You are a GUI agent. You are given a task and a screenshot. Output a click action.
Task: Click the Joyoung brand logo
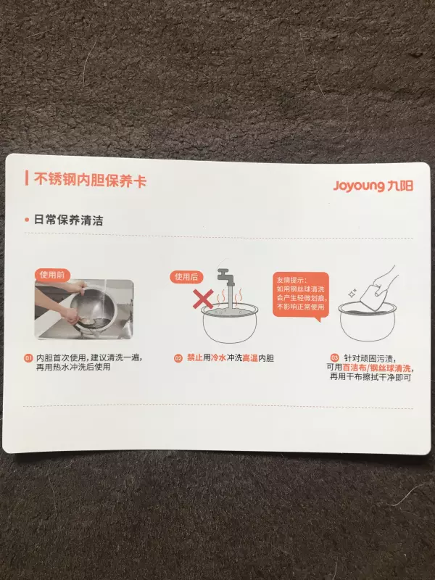click(373, 186)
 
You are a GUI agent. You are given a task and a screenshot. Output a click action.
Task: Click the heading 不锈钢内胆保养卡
click(90, 180)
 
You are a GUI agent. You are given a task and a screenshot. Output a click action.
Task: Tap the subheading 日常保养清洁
click(68, 220)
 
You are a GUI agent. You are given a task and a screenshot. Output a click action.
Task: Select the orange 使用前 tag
click(52, 275)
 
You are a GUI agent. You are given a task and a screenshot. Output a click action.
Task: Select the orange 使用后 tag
click(186, 277)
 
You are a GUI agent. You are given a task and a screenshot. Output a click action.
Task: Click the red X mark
click(203, 299)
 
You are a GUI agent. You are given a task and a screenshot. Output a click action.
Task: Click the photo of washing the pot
click(84, 309)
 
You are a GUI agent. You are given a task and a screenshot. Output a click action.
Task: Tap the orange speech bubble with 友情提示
click(301, 295)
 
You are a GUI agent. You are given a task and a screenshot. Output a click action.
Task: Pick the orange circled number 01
click(28, 358)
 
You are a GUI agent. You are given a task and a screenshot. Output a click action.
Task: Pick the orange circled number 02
click(178, 358)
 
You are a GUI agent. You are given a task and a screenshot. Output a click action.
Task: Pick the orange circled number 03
click(334, 357)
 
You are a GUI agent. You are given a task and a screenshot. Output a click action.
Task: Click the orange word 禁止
click(194, 357)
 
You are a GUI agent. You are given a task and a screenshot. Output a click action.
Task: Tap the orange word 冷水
click(218, 357)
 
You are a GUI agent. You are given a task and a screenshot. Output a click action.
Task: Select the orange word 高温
click(250, 358)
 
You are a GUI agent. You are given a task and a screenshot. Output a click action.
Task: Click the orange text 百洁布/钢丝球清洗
click(376, 368)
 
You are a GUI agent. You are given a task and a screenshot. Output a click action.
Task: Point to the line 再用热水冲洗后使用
click(73, 367)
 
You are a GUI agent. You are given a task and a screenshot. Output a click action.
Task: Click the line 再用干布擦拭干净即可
click(370, 377)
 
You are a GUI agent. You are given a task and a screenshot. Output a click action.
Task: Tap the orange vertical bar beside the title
click(27, 178)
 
